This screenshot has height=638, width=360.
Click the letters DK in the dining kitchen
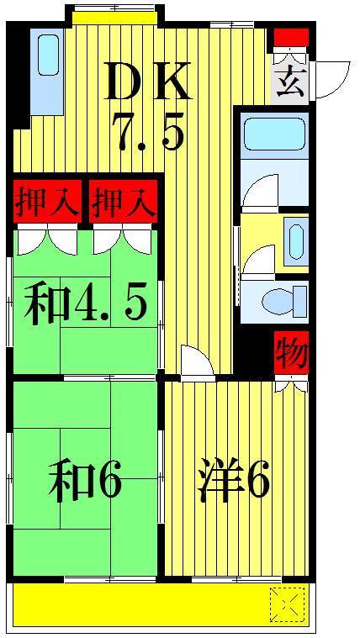click(148, 82)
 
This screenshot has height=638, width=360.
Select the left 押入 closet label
click(46, 202)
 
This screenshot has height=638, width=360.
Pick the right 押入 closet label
click(124, 202)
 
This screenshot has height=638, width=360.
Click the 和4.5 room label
click(85, 303)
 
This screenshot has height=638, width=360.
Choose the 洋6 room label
click(233, 478)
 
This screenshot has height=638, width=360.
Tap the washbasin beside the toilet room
click(296, 241)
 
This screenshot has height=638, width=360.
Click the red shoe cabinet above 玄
click(291, 38)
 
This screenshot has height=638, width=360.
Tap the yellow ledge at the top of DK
click(114, 18)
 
